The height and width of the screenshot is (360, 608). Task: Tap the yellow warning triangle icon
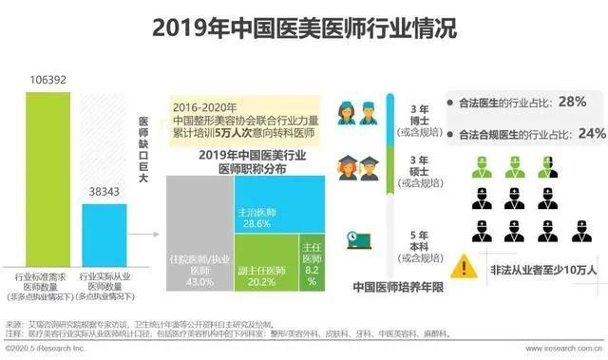click(x=465, y=264)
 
